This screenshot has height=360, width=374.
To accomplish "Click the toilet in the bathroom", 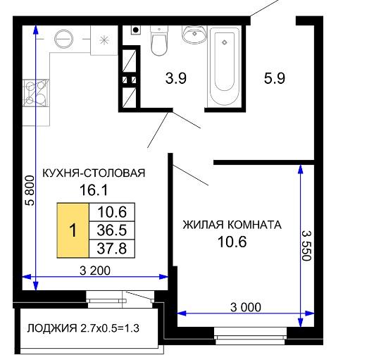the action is tap(159, 41).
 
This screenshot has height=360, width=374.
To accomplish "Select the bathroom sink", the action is tap(194, 35).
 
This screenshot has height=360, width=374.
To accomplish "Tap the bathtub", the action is tap(223, 67).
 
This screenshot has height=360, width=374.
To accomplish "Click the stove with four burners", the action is tap(36, 93).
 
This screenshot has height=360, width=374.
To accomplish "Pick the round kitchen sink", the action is tap(63, 39).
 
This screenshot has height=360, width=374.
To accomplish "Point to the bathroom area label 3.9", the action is tap(176, 78).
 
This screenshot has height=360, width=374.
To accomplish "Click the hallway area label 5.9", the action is tap(275, 78).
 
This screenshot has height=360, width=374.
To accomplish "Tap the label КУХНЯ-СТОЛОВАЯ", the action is tap(94, 173).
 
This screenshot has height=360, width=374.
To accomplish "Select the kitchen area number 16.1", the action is tap(94, 190).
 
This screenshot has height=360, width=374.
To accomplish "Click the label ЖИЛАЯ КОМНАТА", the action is tap(232, 225).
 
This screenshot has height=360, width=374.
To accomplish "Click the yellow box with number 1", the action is tap(73, 230).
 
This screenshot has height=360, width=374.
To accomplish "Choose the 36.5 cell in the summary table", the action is tap(112, 230).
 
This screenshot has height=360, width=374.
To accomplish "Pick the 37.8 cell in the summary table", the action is tap(112, 249).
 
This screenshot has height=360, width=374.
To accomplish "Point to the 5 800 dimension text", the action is tap(30, 190).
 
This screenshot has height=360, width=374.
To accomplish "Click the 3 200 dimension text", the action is tap(95, 271).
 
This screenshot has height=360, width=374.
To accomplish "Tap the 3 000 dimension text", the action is tap(246, 307).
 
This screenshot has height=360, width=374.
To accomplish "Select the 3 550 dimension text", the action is tap(306, 246).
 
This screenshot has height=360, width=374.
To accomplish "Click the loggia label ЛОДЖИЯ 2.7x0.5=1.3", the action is tap(83, 328).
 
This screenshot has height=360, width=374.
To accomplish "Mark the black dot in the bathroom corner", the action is tap(136, 30).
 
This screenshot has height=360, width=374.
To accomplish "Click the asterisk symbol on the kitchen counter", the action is tap(104, 40).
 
